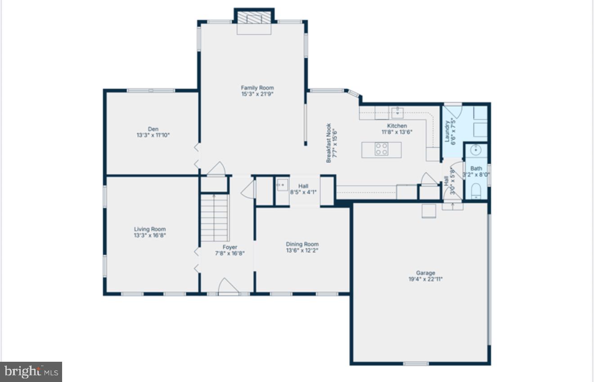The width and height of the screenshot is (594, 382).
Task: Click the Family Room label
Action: point(257,88)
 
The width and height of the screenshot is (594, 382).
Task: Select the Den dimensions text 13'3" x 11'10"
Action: point(153,135)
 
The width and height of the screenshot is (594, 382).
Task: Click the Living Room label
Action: point(150,229)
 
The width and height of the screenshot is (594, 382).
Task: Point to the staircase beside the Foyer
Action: point(214,218)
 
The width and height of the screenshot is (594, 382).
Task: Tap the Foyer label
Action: point(229,247)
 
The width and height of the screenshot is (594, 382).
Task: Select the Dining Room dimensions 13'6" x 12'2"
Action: point(302,251)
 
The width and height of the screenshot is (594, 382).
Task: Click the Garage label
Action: point(425,273)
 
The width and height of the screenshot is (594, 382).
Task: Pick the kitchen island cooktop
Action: point(382,149)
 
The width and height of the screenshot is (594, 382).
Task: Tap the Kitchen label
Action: point(397,126)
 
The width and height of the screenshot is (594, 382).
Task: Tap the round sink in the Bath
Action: point(476,150)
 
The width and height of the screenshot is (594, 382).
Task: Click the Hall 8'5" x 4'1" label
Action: point(303,186)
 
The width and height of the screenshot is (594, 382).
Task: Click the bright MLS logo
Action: point(31,372)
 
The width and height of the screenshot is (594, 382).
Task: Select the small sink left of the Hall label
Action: point(282,184)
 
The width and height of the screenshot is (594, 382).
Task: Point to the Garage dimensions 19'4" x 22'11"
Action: point(425,279)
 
